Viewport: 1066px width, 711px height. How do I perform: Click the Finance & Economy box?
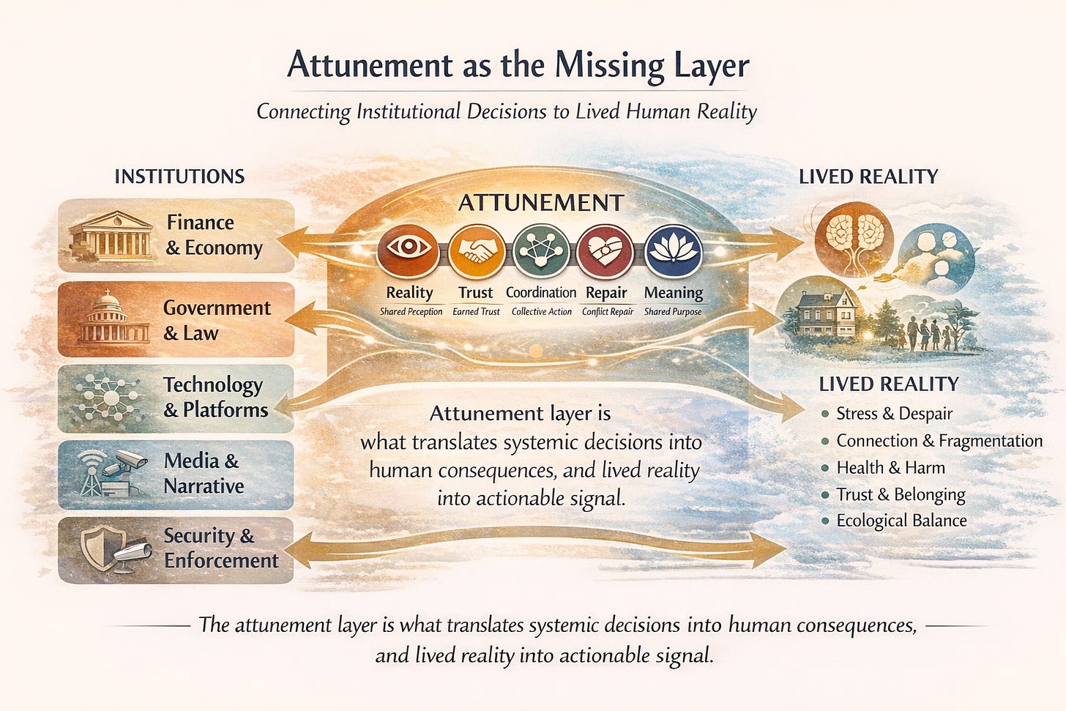[x=176, y=236]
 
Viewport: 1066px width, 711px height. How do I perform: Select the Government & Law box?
[x=176, y=320]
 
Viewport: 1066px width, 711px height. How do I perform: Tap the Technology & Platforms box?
[x=176, y=398]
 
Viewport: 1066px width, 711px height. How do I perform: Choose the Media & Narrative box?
[x=176, y=474]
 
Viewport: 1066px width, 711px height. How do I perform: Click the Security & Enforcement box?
[x=176, y=549]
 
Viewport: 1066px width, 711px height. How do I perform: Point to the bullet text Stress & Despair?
[x=894, y=414]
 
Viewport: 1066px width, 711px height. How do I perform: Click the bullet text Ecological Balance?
[x=901, y=521]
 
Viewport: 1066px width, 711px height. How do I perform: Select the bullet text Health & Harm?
[x=890, y=468]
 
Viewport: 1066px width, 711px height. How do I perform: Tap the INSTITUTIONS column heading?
[x=179, y=176]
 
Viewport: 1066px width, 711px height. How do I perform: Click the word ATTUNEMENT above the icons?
[x=541, y=203]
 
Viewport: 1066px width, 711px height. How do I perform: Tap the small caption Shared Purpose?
[x=672, y=312]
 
